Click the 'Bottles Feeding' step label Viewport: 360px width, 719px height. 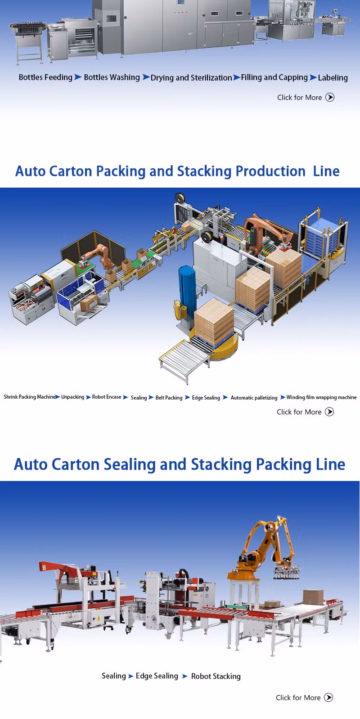click(45, 77)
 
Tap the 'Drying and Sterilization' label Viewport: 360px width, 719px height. click(191, 78)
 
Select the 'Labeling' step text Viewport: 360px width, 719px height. click(333, 78)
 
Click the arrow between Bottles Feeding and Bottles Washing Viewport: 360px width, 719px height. click(78, 77)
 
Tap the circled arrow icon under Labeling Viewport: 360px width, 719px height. click(330, 97)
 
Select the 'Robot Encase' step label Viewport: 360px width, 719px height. click(107, 397)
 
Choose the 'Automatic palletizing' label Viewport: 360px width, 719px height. click(254, 398)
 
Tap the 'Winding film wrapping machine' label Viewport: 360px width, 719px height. click(321, 397)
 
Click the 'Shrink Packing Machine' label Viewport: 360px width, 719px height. click(30, 397)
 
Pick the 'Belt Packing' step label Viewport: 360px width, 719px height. click(169, 398)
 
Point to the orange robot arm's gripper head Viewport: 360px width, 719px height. click(287, 573)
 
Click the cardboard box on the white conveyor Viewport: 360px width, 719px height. click(314, 597)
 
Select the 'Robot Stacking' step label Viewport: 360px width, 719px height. click(216, 676)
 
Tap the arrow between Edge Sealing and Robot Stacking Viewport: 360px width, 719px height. click(184, 676)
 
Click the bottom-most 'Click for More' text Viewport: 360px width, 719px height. click(298, 697)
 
